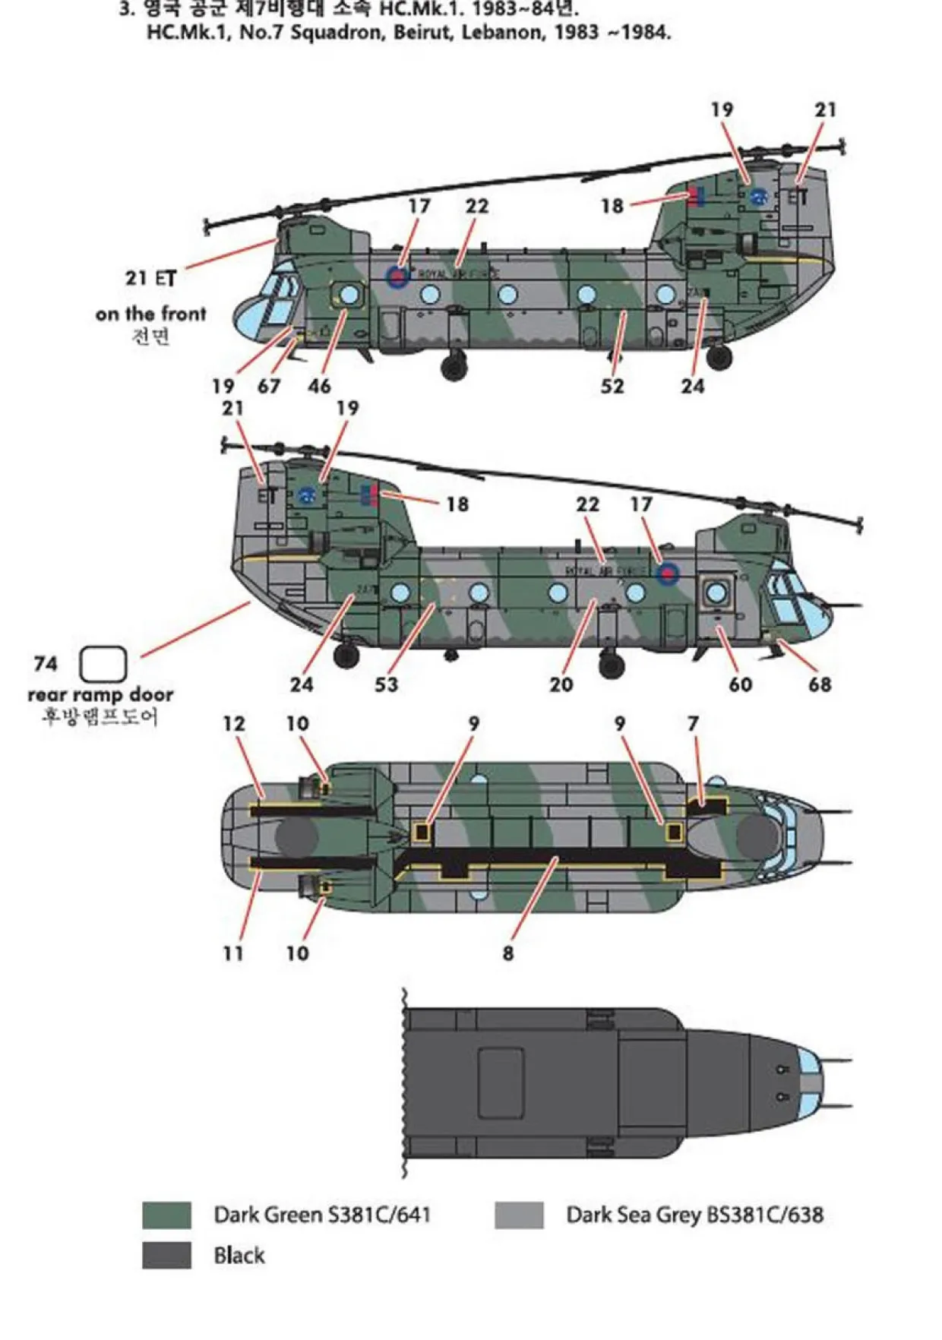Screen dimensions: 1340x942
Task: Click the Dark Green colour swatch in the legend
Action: (166, 1215)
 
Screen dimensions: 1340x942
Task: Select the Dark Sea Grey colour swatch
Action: (519, 1215)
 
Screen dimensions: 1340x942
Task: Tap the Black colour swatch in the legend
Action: (166, 1256)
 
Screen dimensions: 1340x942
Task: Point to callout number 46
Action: (319, 386)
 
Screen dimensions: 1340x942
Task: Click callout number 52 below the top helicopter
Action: (612, 386)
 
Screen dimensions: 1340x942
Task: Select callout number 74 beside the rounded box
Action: (46, 664)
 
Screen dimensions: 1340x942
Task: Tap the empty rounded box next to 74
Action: (103, 664)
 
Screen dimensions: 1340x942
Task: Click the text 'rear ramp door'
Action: (100, 694)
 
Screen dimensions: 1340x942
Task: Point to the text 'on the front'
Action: (150, 314)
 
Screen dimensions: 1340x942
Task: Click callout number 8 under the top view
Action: (507, 953)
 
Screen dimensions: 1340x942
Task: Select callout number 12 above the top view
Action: (234, 724)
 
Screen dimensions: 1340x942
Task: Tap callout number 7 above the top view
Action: (693, 724)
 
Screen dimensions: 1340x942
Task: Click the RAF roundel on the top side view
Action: (397, 277)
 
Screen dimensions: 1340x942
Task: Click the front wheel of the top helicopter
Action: (454, 367)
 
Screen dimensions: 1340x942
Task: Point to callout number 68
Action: (819, 684)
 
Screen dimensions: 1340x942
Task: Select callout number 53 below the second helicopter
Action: (386, 684)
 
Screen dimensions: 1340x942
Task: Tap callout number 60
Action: (740, 684)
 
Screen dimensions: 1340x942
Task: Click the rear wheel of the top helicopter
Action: (719, 356)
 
